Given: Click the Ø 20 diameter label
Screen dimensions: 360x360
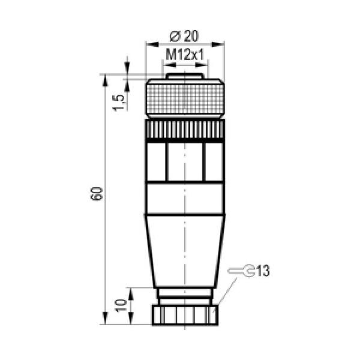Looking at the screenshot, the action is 184,36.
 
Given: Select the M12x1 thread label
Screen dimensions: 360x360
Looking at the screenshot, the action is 185,55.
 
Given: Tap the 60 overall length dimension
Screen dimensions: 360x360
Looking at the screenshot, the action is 97,194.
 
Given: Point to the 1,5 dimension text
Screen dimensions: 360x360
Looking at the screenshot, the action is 119,102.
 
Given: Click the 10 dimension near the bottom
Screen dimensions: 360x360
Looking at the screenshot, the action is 121,305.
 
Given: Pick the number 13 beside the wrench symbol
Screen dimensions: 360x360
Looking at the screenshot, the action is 263,271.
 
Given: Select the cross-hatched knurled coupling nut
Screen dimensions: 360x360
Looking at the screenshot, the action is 185,98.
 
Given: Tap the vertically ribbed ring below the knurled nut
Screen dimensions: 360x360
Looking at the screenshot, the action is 185,130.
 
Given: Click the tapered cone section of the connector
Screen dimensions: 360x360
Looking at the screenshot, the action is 185,251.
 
